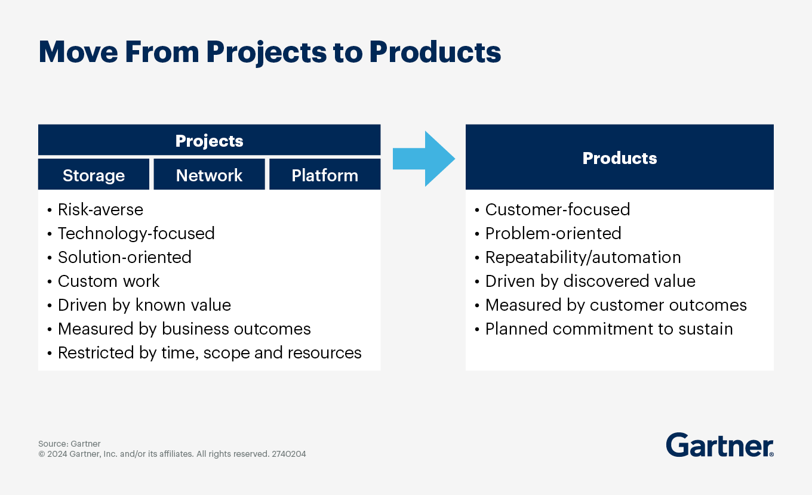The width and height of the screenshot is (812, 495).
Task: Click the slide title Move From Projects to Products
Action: [x=269, y=52]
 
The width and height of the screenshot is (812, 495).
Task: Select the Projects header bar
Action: [x=209, y=140]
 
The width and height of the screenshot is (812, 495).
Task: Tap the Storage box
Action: [x=94, y=175]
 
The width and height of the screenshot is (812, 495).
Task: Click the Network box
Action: [x=209, y=175]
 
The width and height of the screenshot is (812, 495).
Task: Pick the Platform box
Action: [x=325, y=175]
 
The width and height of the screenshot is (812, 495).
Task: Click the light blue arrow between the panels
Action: [x=423, y=159]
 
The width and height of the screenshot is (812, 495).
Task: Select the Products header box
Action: [x=619, y=157]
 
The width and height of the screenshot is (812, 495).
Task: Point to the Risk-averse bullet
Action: [x=100, y=210]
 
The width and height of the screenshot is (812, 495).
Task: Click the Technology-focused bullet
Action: [x=136, y=233]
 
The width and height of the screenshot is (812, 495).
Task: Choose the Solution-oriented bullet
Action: [x=124, y=257]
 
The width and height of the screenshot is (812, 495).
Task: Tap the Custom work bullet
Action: [x=109, y=281]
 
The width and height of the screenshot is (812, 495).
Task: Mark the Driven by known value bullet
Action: [x=144, y=305]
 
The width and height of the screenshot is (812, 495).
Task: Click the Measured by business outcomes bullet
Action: [x=184, y=329]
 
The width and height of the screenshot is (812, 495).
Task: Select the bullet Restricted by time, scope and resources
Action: [x=209, y=352]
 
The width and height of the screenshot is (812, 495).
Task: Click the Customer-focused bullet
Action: [x=557, y=210]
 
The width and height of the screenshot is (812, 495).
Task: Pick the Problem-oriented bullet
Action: [x=553, y=233]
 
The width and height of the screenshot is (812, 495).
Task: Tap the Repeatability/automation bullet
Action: [x=583, y=257]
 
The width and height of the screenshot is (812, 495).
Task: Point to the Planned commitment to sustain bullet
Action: [x=608, y=329]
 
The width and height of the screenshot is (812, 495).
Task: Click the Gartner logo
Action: [x=719, y=445]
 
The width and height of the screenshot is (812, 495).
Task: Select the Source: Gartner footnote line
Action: [x=69, y=444]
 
